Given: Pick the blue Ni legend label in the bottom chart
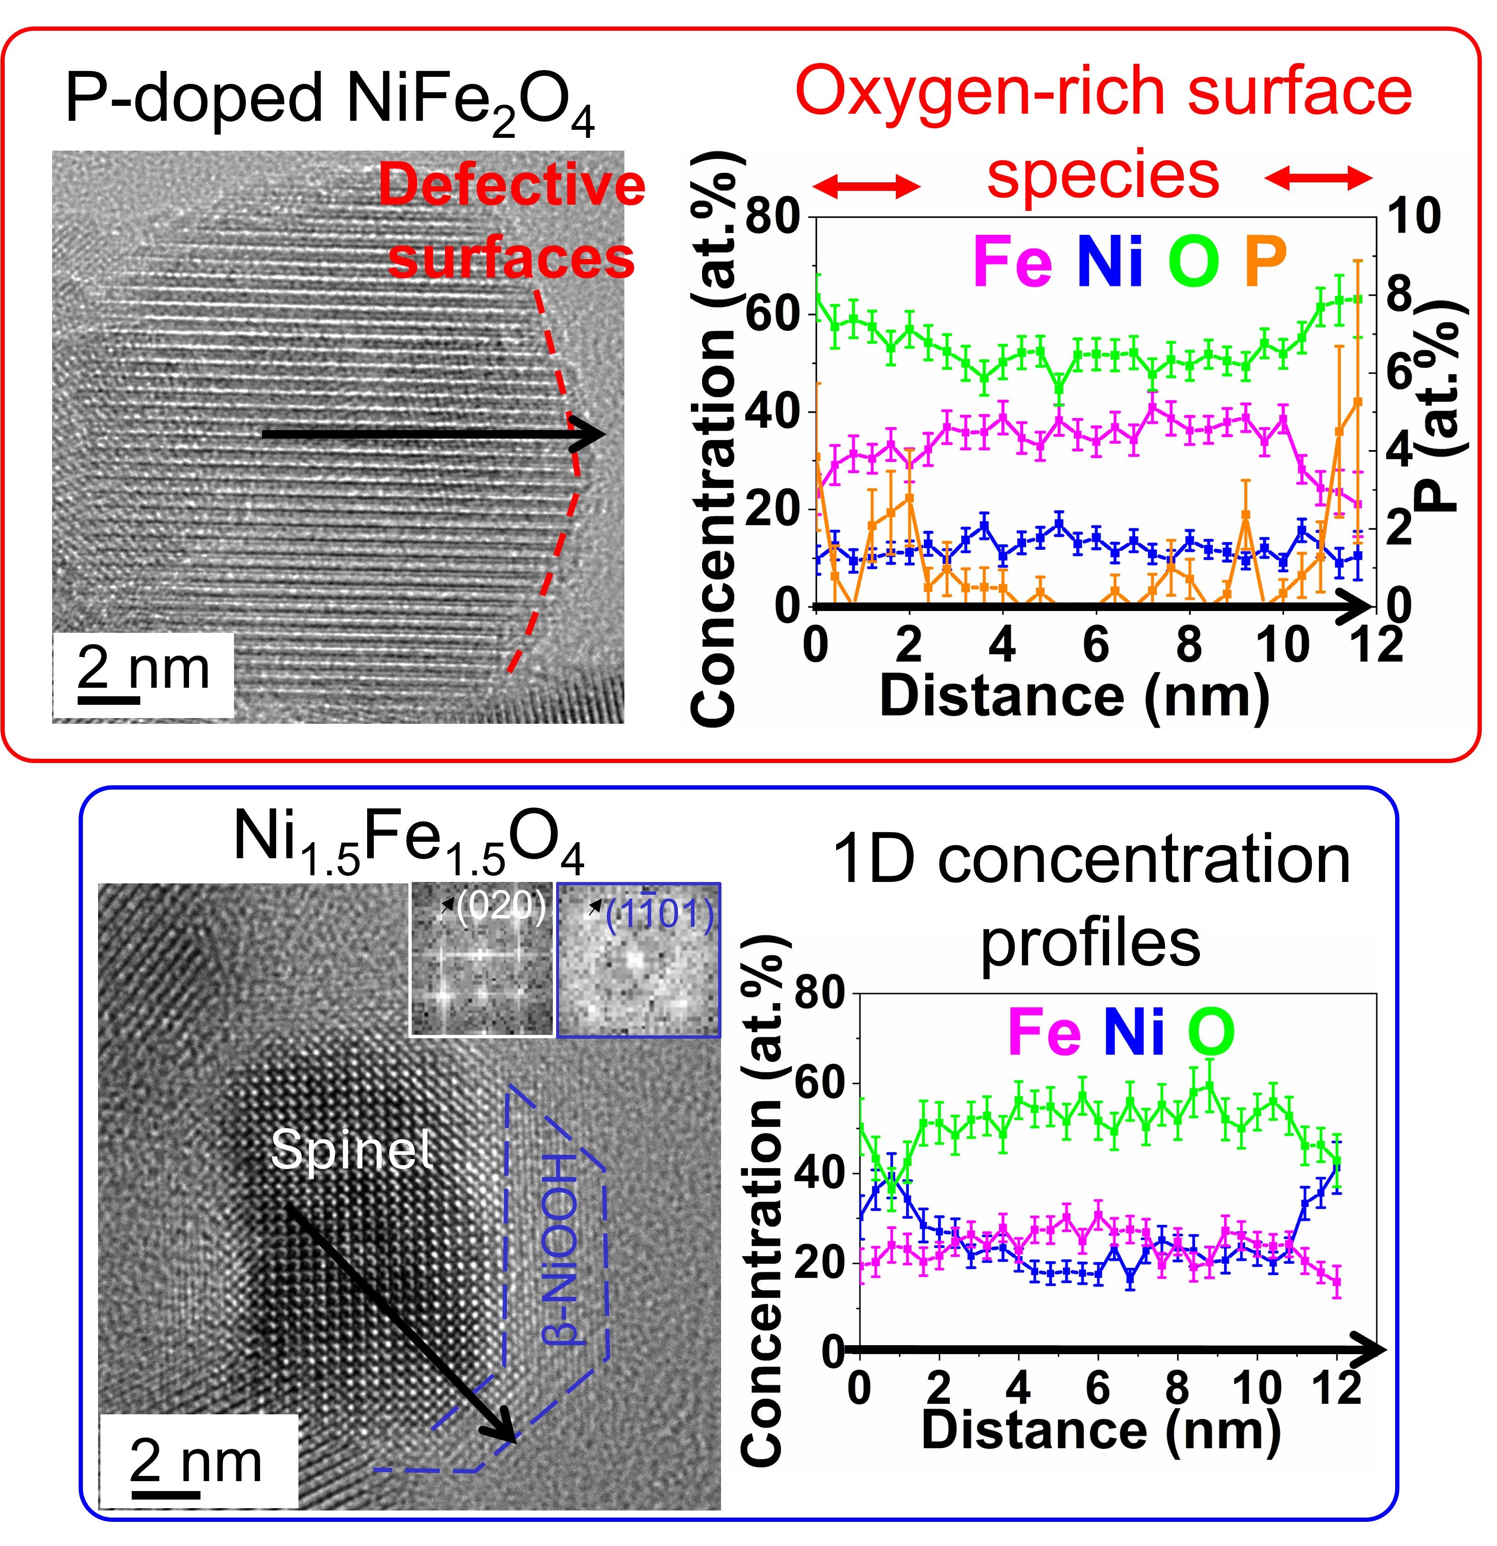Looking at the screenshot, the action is [x=1134, y=1034].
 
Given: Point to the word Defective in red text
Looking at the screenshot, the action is [x=512, y=185].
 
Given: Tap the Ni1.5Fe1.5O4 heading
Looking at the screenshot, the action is [x=408, y=840].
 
